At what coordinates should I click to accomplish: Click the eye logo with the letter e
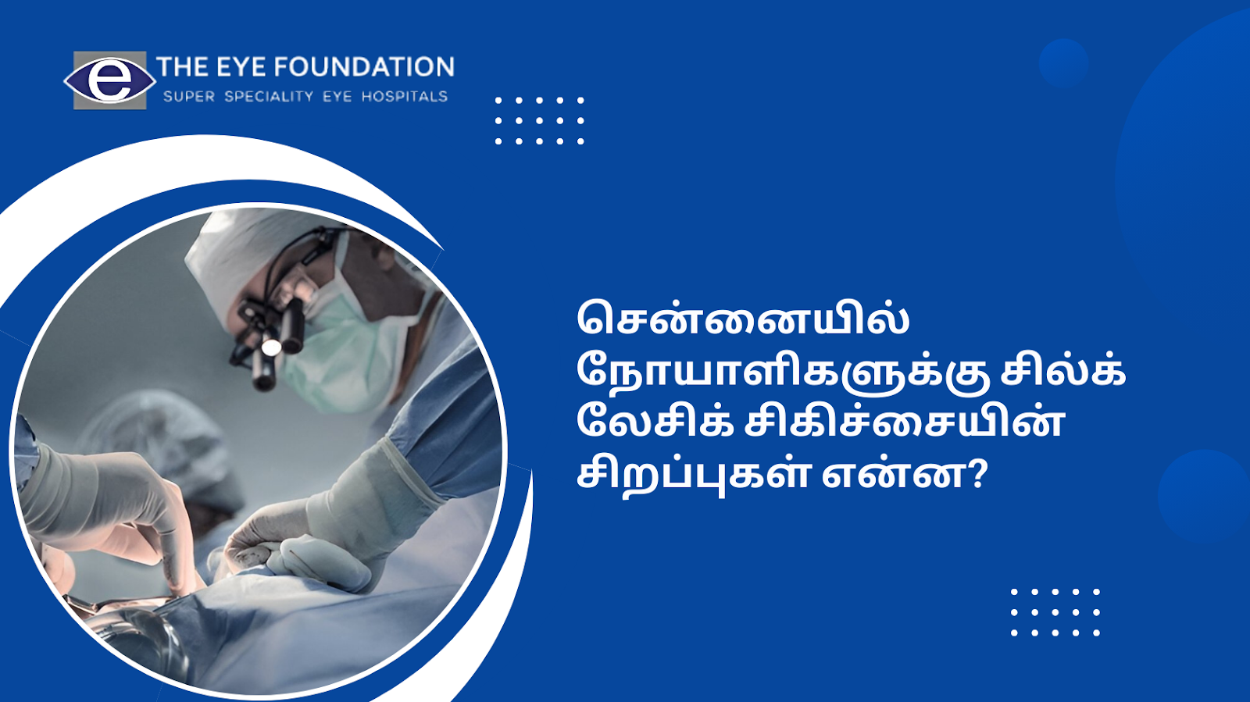click(110, 80)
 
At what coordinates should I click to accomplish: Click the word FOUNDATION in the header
click(364, 67)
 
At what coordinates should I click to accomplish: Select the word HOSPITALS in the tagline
click(405, 97)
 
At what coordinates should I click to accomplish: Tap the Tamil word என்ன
click(895, 475)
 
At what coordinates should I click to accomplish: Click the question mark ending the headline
click(977, 475)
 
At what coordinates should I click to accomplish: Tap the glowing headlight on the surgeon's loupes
click(271, 347)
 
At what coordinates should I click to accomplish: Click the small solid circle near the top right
click(1063, 63)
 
